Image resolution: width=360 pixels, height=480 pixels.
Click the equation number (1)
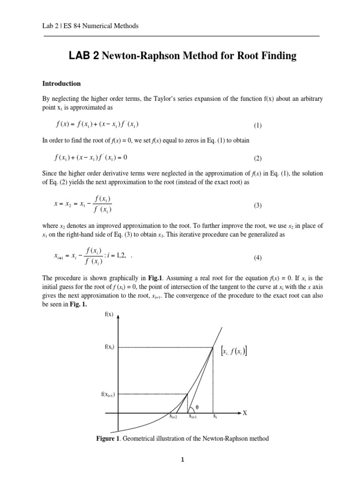click(258, 125)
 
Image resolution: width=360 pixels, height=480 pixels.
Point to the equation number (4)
click(258, 258)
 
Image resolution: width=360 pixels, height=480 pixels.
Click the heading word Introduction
click(61, 83)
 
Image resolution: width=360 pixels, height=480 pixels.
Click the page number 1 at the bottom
click(183, 460)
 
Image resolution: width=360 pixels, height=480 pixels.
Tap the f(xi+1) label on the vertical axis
click(107, 394)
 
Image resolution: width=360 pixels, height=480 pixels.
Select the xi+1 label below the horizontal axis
click(193, 416)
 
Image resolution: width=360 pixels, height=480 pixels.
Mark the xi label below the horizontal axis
click(214, 416)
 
